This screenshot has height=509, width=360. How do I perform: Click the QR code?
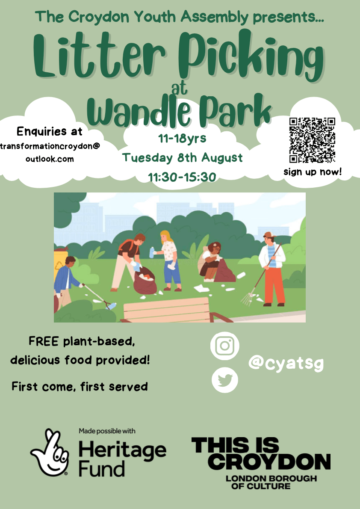coord(312,140)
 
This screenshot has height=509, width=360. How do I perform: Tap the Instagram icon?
coord(225,346)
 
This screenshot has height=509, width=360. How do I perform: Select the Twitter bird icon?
coord(225,379)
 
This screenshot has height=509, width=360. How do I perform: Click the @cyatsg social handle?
coord(286,364)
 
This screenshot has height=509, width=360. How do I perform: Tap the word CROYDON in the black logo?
coord(271,462)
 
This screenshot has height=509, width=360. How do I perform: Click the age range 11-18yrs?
coord(182,139)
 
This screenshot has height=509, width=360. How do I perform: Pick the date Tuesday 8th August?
coord(183,157)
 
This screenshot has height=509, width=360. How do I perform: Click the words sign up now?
coord(312,172)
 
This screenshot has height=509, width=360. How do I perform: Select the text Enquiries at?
coord(50,131)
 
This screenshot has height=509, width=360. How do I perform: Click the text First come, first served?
coord(80,387)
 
